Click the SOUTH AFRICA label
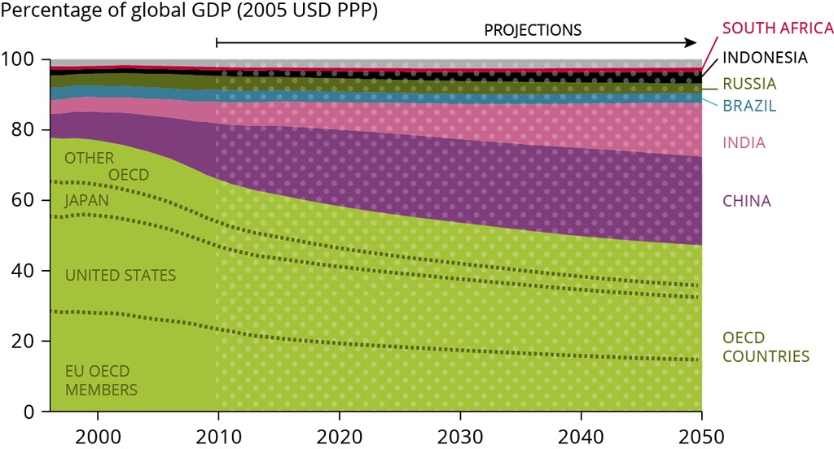point(778,28)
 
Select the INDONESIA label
point(765,58)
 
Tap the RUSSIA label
point(749,84)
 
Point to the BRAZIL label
point(749,106)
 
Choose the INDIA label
point(744,143)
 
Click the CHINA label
point(746,201)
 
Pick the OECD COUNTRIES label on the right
point(766,347)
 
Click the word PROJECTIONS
point(533,30)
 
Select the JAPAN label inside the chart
point(88,200)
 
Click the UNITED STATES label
point(121,276)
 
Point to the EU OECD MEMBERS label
point(101,381)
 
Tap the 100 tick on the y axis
point(22,60)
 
